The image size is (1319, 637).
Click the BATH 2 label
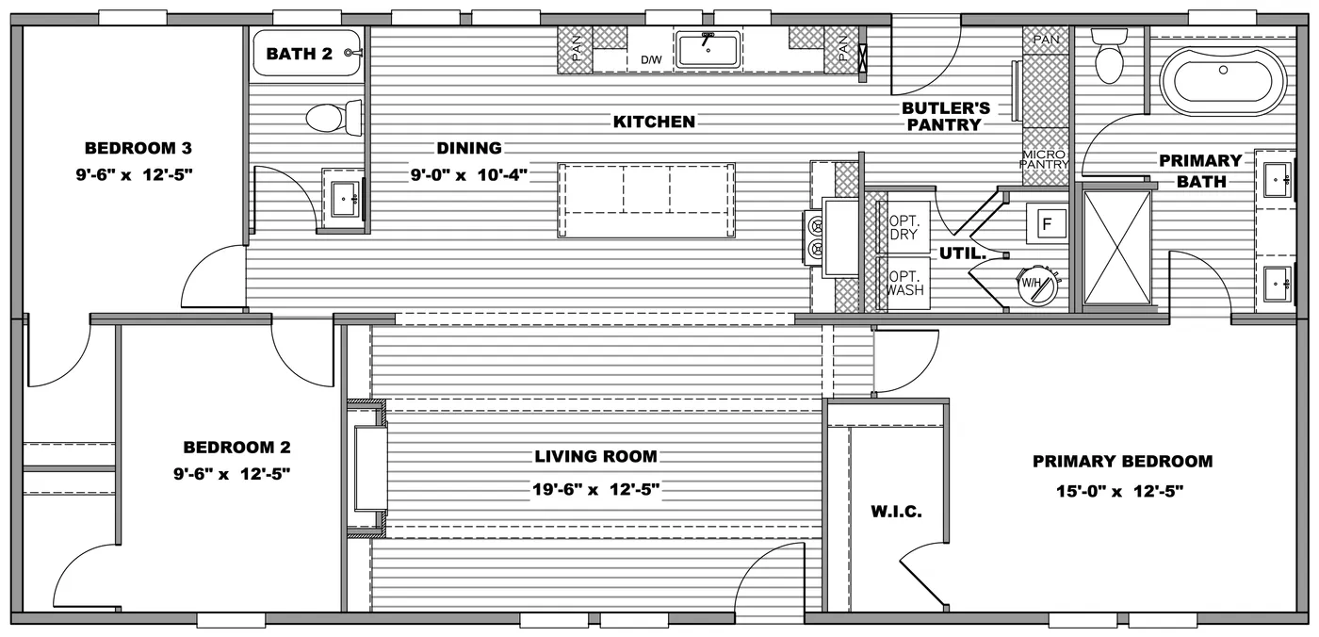300,54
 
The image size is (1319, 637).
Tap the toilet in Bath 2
334,118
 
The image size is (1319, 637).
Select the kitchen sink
708,49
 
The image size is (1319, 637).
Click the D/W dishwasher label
651,59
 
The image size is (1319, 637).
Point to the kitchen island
646,200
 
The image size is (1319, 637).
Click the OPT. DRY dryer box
904,228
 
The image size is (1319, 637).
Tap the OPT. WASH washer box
904,284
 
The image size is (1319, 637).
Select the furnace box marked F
1047,223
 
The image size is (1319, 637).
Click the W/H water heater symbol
1037,286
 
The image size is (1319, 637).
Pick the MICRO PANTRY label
1044,159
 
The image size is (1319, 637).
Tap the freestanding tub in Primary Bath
1223,81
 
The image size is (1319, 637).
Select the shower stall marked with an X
1116,248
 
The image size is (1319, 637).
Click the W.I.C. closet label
896,512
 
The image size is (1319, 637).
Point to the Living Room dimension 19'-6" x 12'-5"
595,489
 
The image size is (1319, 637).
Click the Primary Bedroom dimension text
1119,491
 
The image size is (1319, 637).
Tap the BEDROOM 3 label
138,148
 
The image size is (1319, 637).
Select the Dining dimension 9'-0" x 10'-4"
469,175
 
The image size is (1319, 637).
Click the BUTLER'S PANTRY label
946,117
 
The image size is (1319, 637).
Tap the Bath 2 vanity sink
343,199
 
